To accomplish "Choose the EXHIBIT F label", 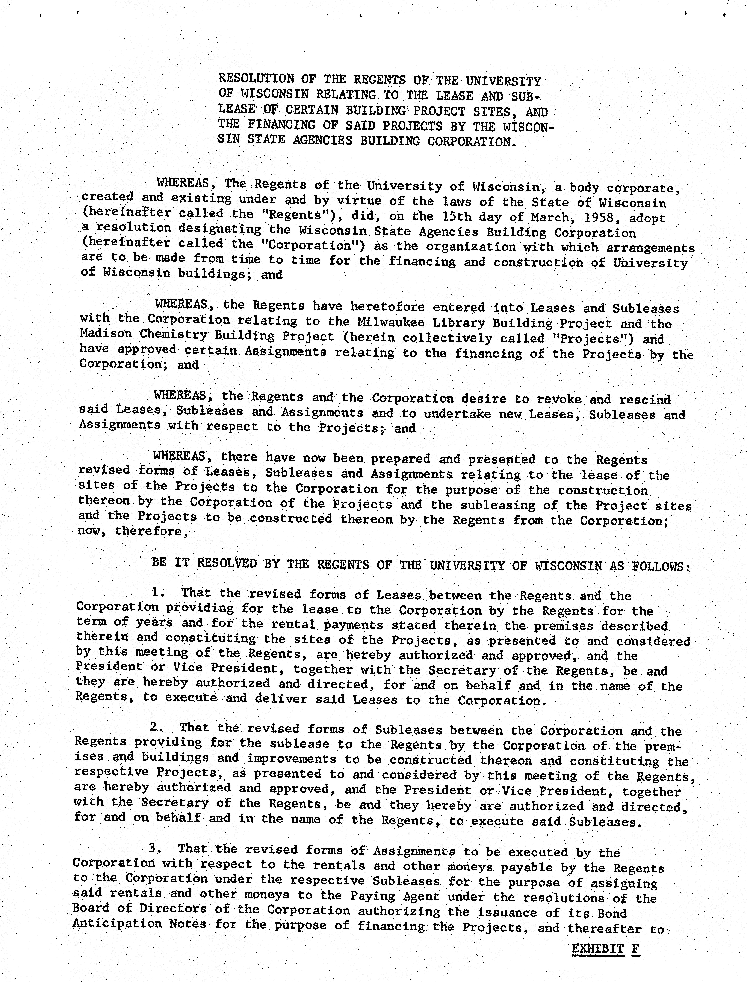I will [605, 949].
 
